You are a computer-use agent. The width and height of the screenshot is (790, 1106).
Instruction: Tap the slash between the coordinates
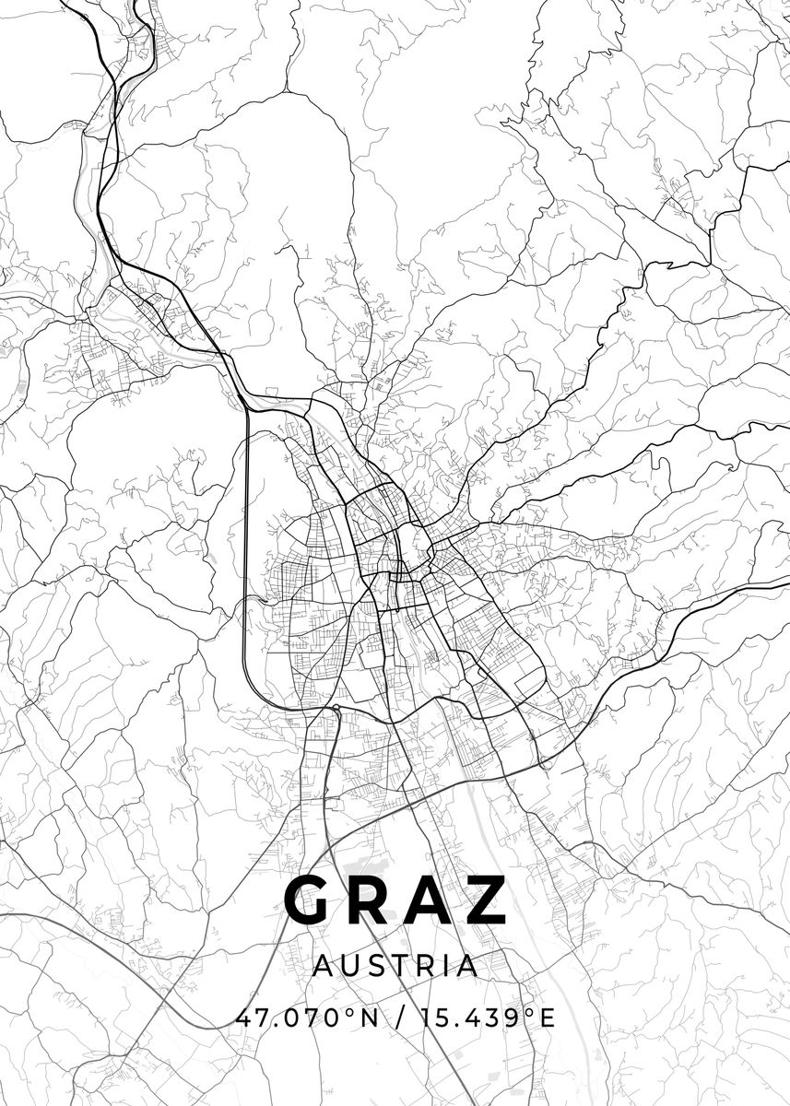pyautogui.click(x=398, y=1018)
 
